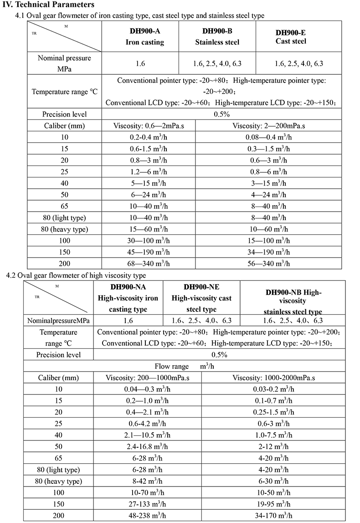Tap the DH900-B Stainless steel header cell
pyautogui.click(x=217, y=37)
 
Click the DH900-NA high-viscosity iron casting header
pyautogui.click(x=128, y=298)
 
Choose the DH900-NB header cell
pyautogui.click(x=293, y=301)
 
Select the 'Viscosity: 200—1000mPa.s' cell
pyautogui.click(x=147, y=378)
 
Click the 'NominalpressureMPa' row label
pyautogui.click(x=58, y=321)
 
